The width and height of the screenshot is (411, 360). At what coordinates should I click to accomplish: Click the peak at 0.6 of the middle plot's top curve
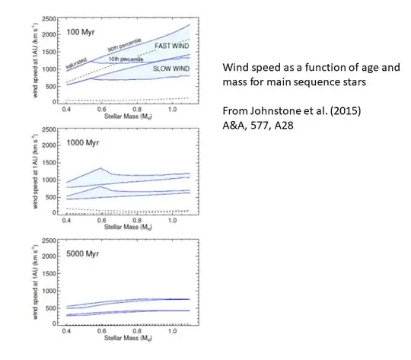[100, 168]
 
